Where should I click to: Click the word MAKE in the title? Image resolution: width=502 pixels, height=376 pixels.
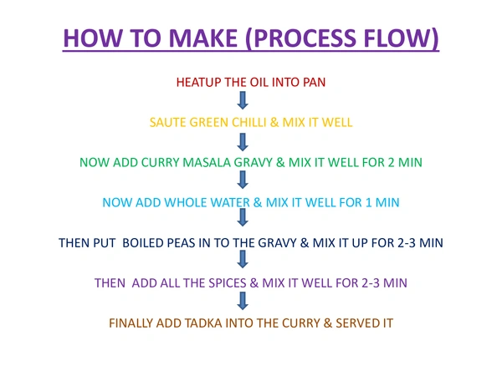pyautogui.click(x=202, y=38)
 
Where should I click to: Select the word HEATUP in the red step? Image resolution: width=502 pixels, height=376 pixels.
pyautogui.click(x=198, y=83)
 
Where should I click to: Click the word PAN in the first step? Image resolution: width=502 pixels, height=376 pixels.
pyautogui.click(x=315, y=83)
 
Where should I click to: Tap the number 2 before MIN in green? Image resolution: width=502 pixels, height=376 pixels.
pyautogui.click(x=391, y=163)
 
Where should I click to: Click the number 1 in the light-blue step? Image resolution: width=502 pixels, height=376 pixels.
pyautogui.click(x=368, y=203)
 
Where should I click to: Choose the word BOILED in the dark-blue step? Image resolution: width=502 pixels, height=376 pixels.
pyautogui.click(x=143, y=243)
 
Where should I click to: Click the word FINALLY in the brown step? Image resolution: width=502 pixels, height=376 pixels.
pyautogui.click(x=131, y=323)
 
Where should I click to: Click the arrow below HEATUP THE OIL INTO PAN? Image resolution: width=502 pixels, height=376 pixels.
pyautogui.click(x=243, y=100)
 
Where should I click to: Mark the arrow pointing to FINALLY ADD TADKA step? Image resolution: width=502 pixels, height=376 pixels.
pyautogui.click(x=243, y=301)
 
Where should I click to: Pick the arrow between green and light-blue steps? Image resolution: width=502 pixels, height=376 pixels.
pyautogui.click(x=243, y=180)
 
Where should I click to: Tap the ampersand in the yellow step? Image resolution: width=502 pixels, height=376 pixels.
pyautogui.click(x=274, y=123)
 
